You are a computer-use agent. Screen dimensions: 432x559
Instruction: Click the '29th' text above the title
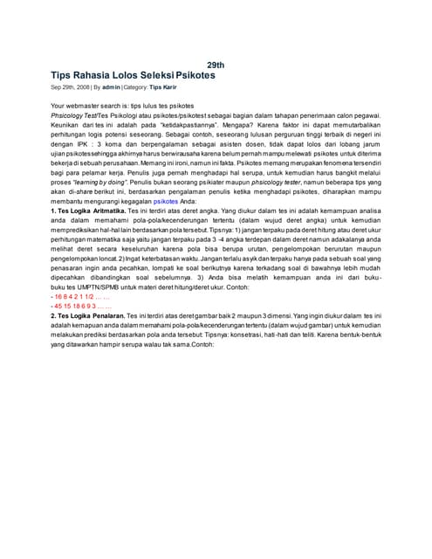point(216,66)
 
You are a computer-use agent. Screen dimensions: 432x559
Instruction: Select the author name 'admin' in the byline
point(111,88)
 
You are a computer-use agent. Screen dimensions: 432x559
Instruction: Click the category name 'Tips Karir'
point(164,88)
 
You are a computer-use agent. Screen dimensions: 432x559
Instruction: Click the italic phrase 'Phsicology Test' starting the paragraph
point(73,114)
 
